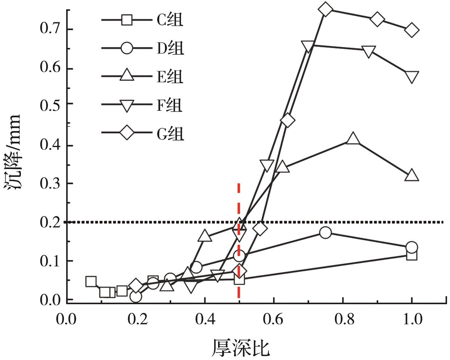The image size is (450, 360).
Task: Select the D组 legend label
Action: [x=170, y=48]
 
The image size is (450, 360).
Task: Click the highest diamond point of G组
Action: [x=326, y=9]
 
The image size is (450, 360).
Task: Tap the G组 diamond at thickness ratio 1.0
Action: [x=412, y=30]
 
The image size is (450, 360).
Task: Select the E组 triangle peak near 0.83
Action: [x=353, y=139]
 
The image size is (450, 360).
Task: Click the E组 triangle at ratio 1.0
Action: [x=412, y=175]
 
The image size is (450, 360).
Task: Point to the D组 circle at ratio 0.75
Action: [x=326, y=233]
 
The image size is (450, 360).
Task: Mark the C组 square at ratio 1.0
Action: [x=412, y=255]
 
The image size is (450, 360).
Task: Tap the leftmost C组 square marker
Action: [x=91, y=281]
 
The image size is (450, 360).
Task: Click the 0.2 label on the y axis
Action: [x=51, y=222]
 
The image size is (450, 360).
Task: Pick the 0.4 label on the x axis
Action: [x=205, y=319]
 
